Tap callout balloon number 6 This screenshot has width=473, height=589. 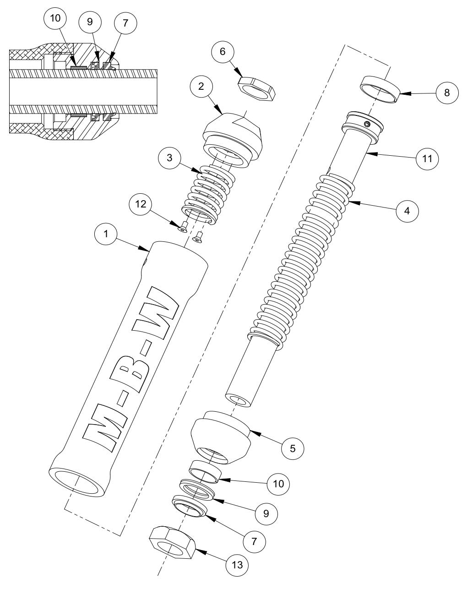pos(223,51)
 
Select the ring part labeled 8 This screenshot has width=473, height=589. pos(380,89)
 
